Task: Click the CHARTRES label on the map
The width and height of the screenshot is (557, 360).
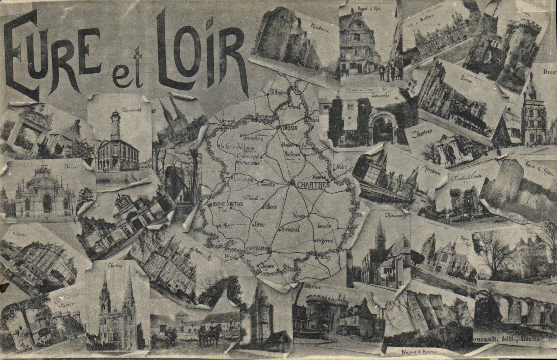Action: click(313, 185)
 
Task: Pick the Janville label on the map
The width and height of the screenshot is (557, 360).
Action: click(324, 226)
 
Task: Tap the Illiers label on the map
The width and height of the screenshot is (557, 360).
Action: click(271, 207)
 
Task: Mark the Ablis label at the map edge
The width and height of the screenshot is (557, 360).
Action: click(341, 167)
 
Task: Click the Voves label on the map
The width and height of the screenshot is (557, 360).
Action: click(299, 215)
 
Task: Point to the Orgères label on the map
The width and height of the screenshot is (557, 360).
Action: click(325, 241)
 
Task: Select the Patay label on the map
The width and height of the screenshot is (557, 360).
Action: click(323, 258)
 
